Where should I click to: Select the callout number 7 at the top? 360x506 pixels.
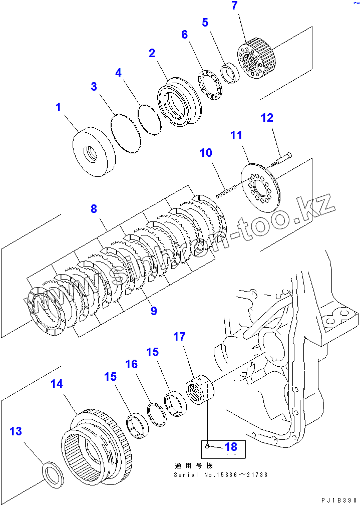click(x=234, y=7)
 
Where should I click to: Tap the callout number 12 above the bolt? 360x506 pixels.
click(x=267, y=118)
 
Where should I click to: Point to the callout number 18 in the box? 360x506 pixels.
click(x=230, y=447)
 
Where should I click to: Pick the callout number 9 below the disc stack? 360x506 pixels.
click(x=154, y=311)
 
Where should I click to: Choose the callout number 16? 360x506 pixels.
click(x=131, y=364)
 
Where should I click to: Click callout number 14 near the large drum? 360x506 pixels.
click(x=57, y=384)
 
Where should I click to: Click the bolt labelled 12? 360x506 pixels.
click(x=280, y=160)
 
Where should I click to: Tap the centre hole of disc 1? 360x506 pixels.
click(x=91, y=153)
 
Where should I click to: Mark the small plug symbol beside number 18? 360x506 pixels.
click(x=207, y=444)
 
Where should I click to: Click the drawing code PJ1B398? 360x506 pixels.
click(x=339, y=500)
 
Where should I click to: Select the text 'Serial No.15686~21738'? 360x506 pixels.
click(x=220, y=474)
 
